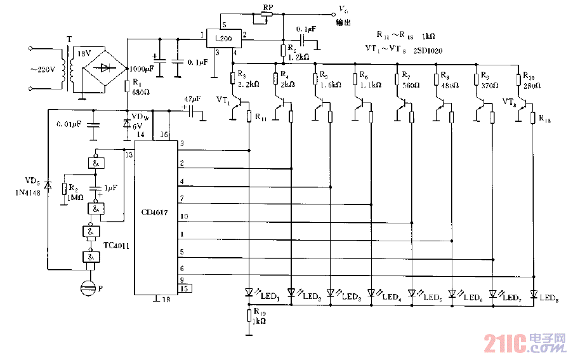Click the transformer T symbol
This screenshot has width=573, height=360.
[69, 69]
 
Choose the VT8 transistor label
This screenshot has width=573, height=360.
[510, 101]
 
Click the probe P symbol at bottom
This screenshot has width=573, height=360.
[88, 289]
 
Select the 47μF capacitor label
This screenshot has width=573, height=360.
[192, 100]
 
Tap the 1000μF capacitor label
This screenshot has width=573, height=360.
[142, 69]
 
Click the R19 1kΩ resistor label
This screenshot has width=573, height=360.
[260, 316]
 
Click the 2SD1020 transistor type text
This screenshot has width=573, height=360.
[430, 48]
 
